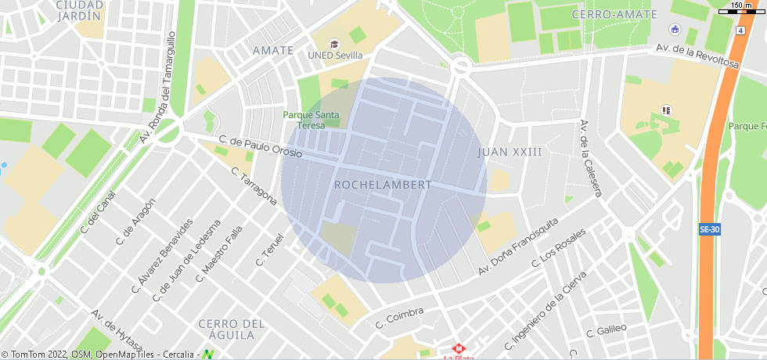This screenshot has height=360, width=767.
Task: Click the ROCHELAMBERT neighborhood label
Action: (383, 185)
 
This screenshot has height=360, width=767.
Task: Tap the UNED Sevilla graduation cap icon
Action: (335, 44)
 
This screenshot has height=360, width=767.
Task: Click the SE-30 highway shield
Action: (709, 229)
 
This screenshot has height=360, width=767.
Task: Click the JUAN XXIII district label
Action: (510, 151)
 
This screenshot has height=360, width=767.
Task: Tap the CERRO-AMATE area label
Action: (608, 14)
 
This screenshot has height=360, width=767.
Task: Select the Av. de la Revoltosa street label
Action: (697, 56)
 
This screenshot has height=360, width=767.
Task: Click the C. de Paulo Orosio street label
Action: (261, 146)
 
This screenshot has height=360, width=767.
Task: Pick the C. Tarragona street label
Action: (254, 186)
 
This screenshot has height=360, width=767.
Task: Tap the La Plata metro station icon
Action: (459, 348)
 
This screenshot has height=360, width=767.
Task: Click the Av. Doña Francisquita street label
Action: (518, 247)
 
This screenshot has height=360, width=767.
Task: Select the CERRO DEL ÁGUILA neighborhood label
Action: (227, 329)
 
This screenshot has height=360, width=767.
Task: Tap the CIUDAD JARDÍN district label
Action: (79, 9)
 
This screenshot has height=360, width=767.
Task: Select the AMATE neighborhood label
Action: (273, 51)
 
